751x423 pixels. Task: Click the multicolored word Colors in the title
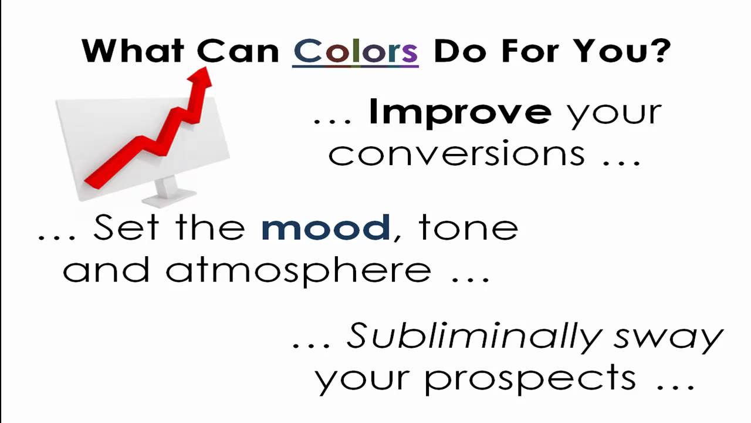point(355,51)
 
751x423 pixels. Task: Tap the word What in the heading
point(133,51)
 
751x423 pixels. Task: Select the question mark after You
point(661,51)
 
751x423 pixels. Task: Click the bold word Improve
point(459,112)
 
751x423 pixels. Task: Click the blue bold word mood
point(326,227)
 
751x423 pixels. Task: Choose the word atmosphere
point(298,270)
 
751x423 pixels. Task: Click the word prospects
point(530,379)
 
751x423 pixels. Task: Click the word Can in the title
point(238,51)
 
